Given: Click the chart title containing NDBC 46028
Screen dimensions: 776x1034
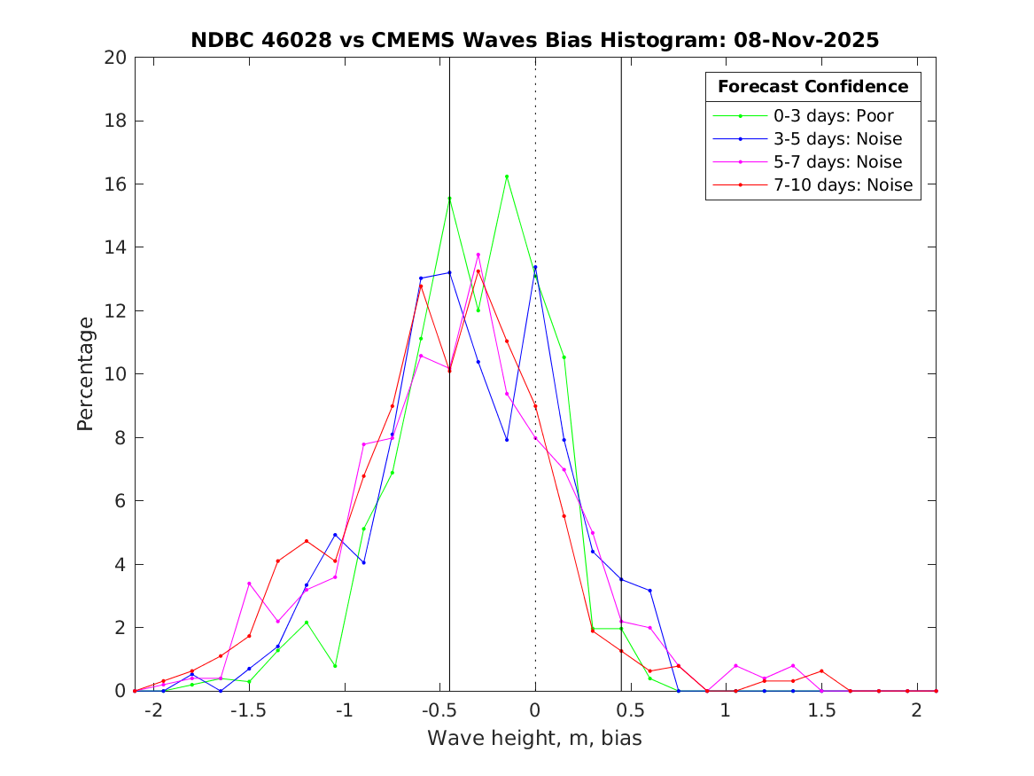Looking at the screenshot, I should [534, 40].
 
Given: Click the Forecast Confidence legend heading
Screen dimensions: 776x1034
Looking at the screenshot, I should [812, 87].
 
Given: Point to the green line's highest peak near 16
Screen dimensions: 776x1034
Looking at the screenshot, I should [507, 176].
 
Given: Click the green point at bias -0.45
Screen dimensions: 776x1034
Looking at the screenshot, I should [449, 199].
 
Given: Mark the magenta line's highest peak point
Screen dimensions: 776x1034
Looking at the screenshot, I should [478, 255].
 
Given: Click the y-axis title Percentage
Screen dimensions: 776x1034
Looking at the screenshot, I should [85, 374].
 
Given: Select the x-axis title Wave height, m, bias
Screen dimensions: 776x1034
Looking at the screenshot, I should [534, 739].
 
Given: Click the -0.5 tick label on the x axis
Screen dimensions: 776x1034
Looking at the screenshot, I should [439, 710].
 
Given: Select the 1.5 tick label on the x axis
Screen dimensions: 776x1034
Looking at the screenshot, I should [821, 710].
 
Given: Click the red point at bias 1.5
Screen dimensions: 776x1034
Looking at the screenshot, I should [821, 670].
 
